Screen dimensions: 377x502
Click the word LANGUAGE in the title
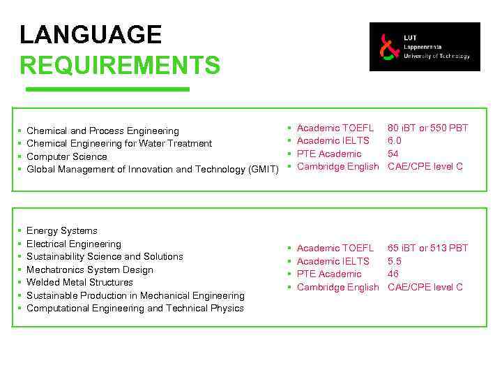pos(91,35)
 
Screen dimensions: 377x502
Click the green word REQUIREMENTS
pos(120,66)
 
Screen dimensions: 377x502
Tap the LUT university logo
pos(425,47)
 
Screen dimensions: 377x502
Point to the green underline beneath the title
pos(107,89)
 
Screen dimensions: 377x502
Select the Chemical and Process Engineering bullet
pos(102,131)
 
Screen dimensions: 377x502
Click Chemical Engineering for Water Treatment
pos(119,144)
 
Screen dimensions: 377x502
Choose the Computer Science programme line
pos(66,157)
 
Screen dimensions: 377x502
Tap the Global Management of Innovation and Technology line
pos(152,170)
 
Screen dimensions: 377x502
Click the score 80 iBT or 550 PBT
pos(427,128)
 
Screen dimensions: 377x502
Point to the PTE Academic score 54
pos(393,154)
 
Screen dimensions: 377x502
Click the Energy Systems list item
pos(61,231)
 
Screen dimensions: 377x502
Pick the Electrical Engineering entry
pos(73,244)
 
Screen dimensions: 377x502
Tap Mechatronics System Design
pos(89,270)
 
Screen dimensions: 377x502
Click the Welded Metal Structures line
pos(79,283)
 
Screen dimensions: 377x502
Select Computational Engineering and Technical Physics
pos(135,309)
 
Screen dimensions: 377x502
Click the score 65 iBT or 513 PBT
pos(427,249)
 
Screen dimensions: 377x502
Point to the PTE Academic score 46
pos(393,274)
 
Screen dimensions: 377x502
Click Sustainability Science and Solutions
pos(105,257)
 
